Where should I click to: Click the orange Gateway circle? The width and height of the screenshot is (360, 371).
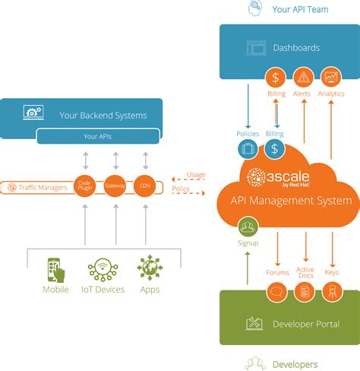pos(115,186)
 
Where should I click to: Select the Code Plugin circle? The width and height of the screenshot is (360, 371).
pos(84,186)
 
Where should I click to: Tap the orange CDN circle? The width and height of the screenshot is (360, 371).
pos(144,186)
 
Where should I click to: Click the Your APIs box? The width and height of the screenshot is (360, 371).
pos(98,136)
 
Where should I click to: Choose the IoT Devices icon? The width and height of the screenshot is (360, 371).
pos(103,270)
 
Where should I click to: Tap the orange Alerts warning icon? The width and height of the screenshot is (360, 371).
pos(304,77)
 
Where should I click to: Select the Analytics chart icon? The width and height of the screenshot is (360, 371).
pos(330,77)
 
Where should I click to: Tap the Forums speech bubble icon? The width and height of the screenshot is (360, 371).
pos(277,290)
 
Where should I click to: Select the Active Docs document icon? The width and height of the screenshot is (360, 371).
pos(305,290)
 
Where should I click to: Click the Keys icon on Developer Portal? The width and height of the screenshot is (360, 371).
pos(331,290)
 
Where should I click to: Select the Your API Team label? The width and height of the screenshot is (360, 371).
pos(301,9)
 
